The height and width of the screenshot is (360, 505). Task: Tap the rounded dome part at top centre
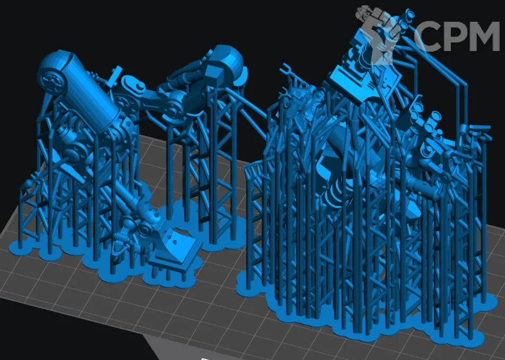(228, 62)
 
